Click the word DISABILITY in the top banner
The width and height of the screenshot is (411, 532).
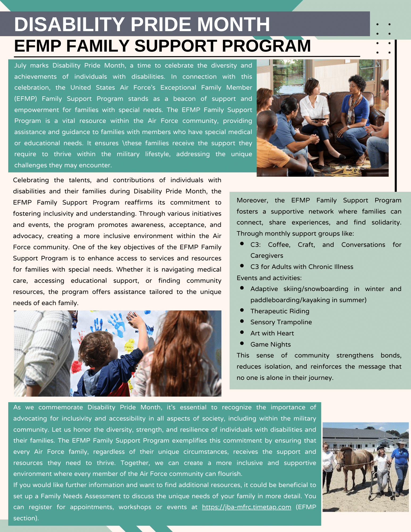69,24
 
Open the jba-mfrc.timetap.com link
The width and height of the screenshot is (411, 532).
246,507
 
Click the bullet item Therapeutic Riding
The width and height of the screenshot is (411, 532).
280,311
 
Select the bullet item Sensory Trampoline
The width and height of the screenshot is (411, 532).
281,322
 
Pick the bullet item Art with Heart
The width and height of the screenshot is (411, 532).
272,333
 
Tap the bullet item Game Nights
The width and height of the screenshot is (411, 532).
270,344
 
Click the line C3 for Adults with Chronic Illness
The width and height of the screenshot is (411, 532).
302,267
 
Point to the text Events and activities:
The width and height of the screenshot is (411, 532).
269,278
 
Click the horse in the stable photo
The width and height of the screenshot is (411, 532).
354,463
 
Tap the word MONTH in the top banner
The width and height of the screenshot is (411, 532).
233,24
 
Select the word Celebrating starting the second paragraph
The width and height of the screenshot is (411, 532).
31,180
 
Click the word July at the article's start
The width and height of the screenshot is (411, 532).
20,65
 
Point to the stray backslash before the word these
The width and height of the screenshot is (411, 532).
123,143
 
